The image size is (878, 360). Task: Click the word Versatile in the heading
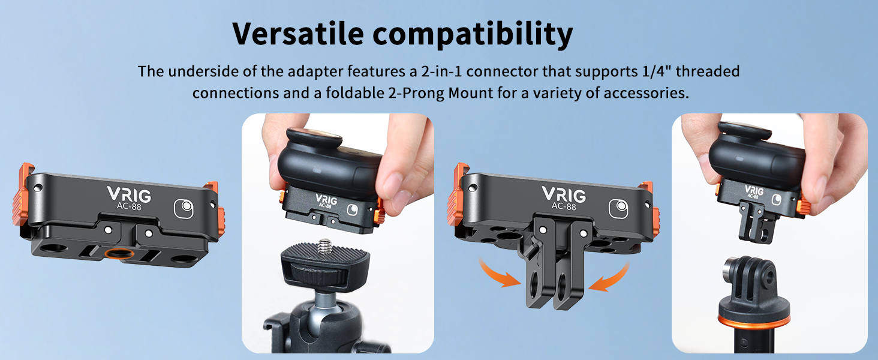click(x=298, y=34)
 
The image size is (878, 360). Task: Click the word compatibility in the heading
click(x=473, y=35)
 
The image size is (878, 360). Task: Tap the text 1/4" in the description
click(x=657, y=71)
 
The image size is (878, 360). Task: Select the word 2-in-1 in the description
click(x=442, y=71)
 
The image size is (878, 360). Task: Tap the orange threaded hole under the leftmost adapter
click(x=119, y=253)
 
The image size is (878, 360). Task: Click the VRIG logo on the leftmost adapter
click(x=129, y=194)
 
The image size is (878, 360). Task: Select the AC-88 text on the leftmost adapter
click(x=129, y=206)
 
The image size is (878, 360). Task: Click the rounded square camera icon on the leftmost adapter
click(x=184, y=209)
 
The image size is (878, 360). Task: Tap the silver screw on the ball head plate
click(x=324, y=246)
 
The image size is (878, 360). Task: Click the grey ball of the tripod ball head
click(x=327, y=302)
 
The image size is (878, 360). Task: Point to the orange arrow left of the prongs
click(x=498, y=275)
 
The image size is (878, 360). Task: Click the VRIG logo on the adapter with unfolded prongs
click(x=564, y=194)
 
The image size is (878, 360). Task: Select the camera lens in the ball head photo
click(x=314, y=137)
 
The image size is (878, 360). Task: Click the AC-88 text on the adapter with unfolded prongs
click(x=564, y=206)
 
